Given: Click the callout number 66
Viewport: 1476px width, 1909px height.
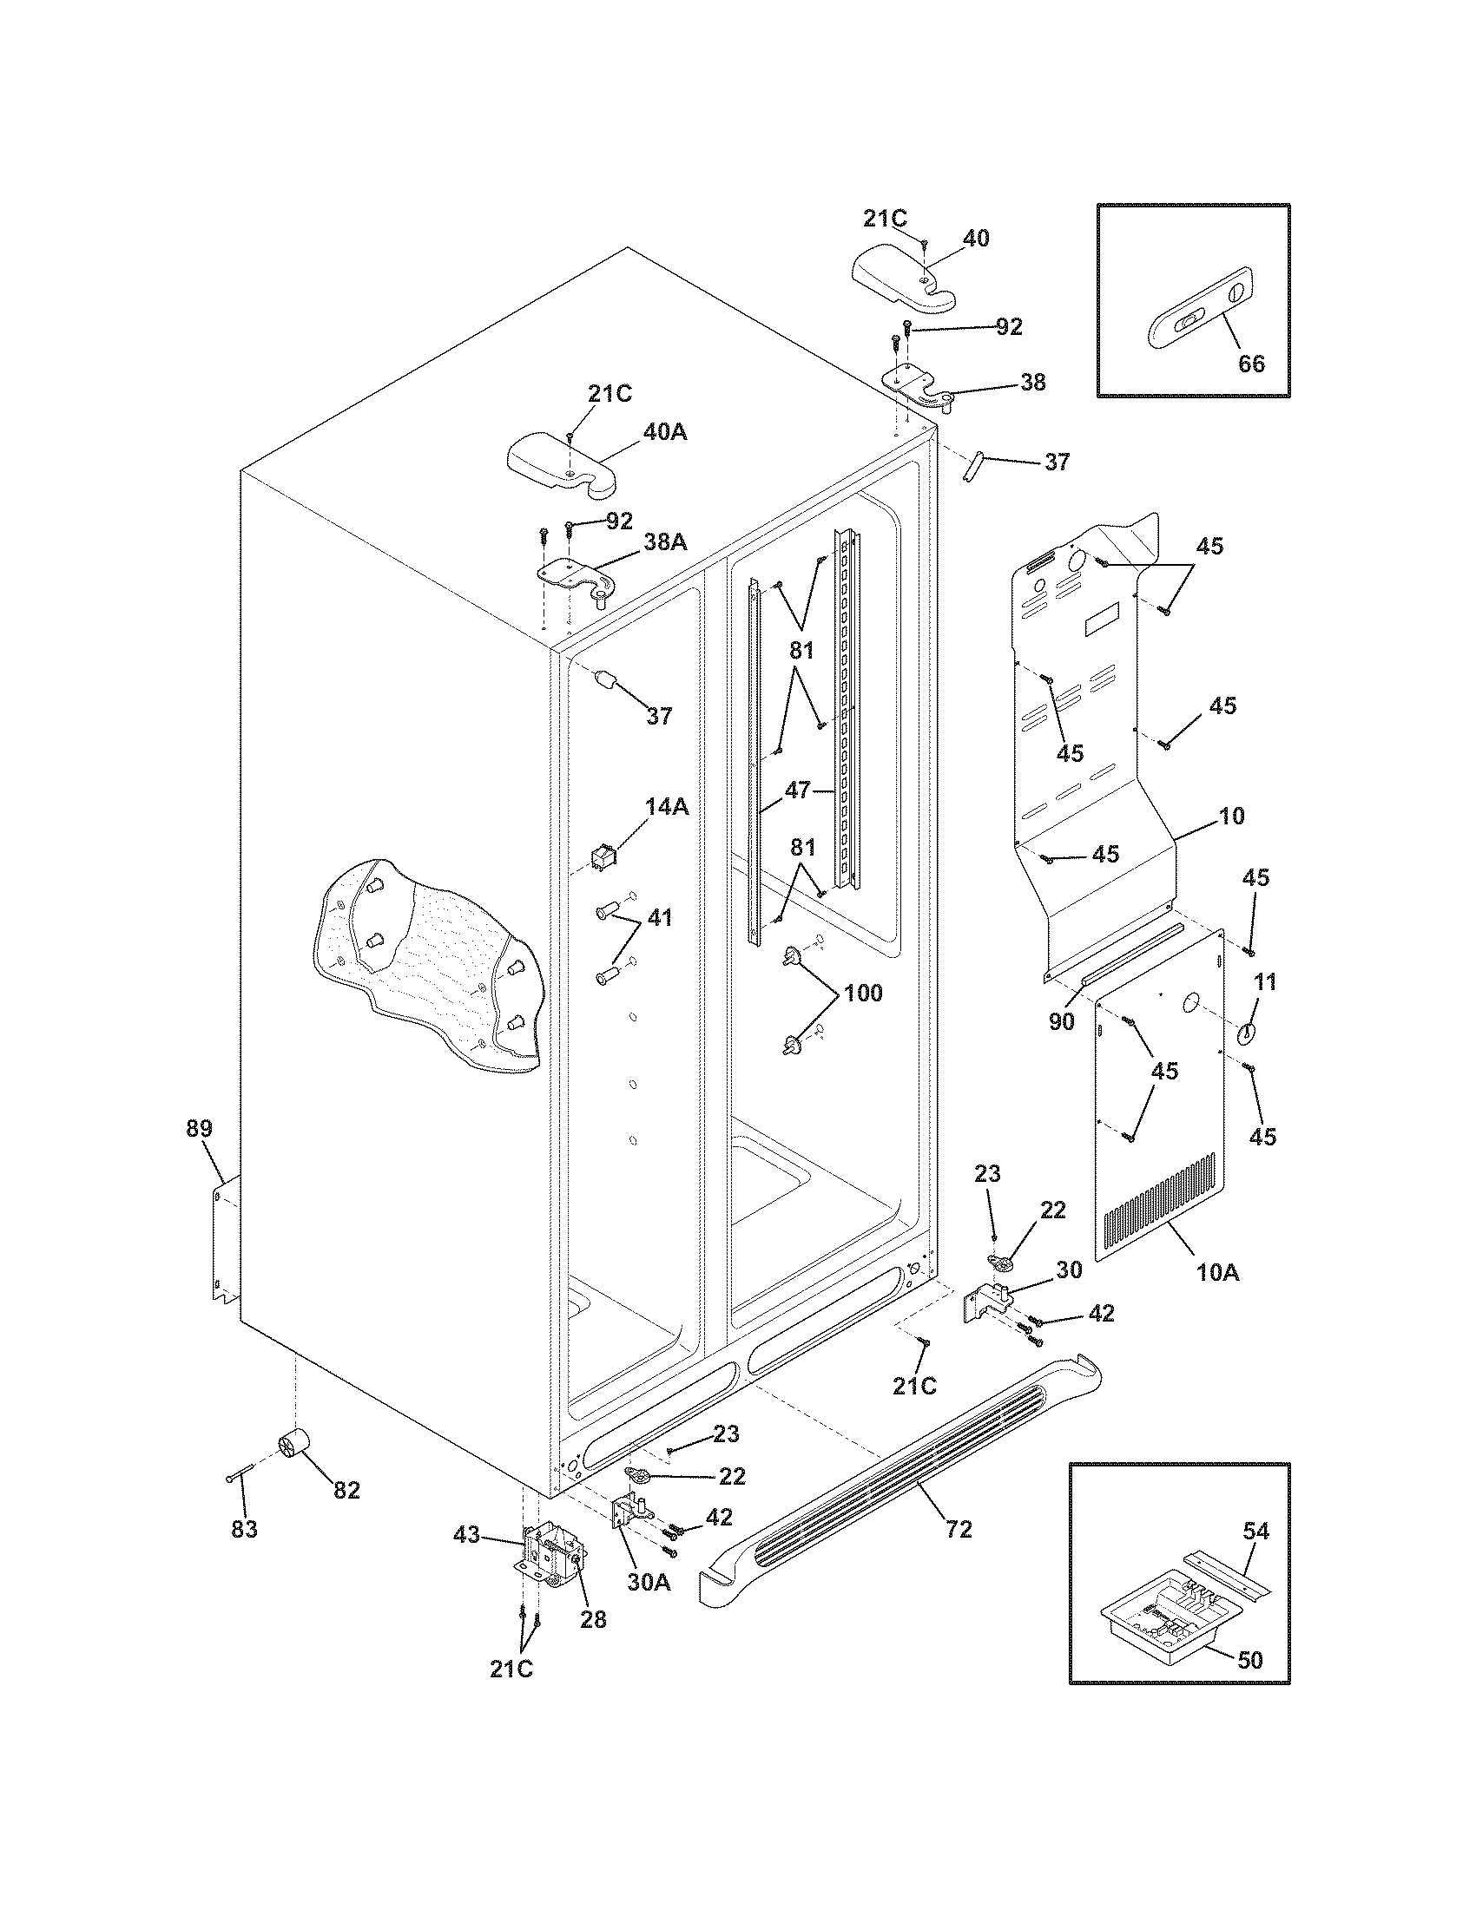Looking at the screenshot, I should click(1251, 363).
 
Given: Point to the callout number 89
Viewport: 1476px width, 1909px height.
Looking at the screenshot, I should click(200, 1128).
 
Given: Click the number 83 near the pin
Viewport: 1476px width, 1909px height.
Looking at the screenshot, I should click(244, 1529).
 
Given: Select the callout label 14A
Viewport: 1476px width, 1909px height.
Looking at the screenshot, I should click(667, 807).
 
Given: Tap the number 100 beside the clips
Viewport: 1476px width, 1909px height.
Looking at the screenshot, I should click(863, 993).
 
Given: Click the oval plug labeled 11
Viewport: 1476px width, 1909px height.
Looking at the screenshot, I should click(1246, 1033).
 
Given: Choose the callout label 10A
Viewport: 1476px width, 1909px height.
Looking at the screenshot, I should click(1218, 1274).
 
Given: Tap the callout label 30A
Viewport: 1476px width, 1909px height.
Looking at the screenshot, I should click(648, 1582).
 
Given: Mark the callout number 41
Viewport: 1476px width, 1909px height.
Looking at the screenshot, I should click(659, 918).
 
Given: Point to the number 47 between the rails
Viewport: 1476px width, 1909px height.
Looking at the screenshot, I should click(796, 790).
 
